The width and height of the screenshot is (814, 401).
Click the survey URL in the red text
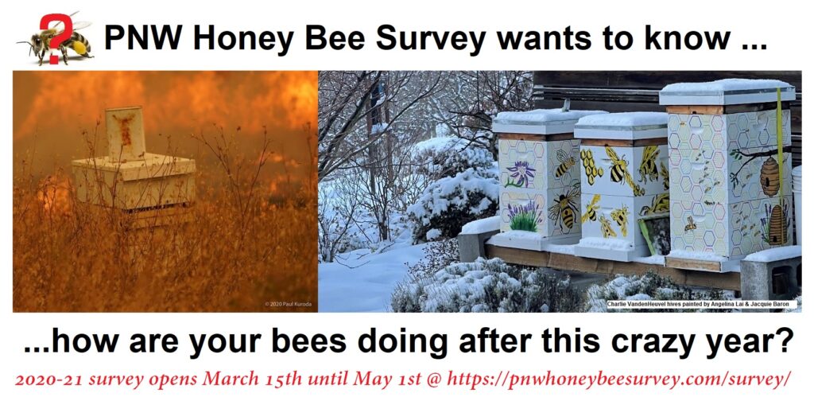pyautogui.click(x=618, y=380)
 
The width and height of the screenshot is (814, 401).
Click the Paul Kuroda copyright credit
pyautogui.click(x=288, y=304)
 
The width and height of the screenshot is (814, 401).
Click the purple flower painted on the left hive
pyautogui.click(x=521, y=173)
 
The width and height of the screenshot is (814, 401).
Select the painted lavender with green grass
pyautogui.click(x=525, y=219)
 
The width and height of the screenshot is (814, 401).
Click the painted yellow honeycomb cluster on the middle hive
pyautogui.click(x=591, y=165)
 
